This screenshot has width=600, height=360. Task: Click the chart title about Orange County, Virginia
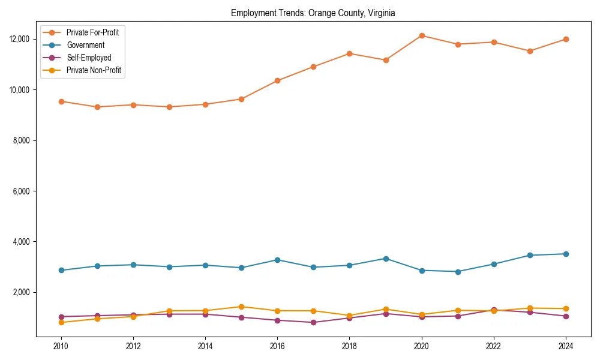click(x=313, y=13)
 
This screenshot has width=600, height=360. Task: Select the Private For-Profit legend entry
click(x=92, y=32)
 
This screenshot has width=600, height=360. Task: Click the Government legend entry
click(x=85, y=45)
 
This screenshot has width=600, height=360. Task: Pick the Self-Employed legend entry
click(x=89, y=58)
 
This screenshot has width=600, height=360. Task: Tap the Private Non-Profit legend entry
click(x=94, y=70)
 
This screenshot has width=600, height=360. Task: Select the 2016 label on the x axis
click(x=277, y=346)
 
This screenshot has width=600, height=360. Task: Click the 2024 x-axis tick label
click(x=566, y=346)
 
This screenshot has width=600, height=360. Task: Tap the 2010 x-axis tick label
click(x=61, y=346)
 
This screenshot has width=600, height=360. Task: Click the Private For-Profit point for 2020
click(x=422, y=35)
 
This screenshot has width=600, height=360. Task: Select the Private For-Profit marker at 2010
click(x=61, y=101)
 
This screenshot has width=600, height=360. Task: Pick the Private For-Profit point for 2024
click(x=566, y=39)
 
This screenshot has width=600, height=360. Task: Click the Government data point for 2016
click(x=277, y=260)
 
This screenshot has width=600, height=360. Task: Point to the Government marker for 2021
click(x=458, y=271)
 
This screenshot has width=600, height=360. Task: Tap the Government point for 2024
click(x=566, y=254)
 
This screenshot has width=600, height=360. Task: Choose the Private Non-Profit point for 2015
click(x=241, y=307)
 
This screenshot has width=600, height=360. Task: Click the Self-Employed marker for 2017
click(x=313, y=322)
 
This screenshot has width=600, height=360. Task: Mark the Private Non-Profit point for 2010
click(x=61, y=322)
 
